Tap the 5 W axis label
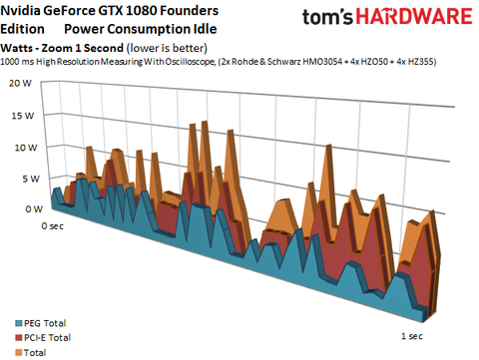22,179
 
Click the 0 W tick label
22,209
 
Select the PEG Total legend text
43,324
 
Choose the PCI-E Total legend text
46,338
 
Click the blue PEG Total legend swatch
11,324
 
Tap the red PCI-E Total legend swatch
11,338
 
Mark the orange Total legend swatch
11,352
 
